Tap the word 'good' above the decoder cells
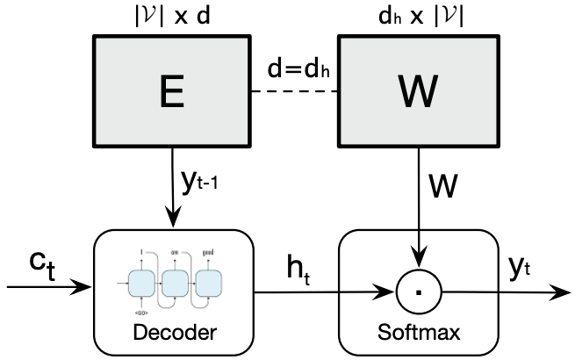pyautogui.click(x=208, y=250)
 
